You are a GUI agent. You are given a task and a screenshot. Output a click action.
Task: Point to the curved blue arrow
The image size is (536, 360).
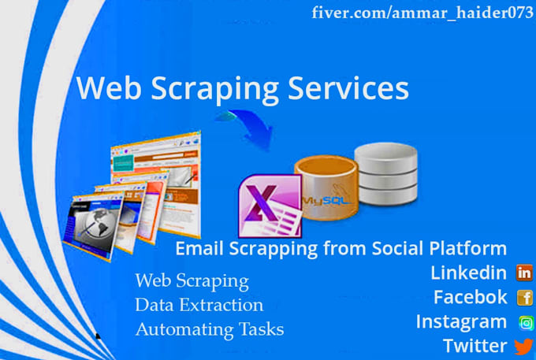pos(244,126)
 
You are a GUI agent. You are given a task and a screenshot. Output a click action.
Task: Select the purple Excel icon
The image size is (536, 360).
pos(268,203)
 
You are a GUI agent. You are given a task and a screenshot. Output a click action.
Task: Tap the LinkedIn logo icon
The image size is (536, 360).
pos(524,273)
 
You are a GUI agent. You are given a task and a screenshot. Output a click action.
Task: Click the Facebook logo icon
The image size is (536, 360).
pos(524,298)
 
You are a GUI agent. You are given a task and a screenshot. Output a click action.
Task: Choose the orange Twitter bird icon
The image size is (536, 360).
pos(523,346)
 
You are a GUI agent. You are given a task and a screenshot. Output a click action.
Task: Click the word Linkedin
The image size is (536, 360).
pos(468,273)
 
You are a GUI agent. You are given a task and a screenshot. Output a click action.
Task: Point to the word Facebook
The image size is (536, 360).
pos(471,298)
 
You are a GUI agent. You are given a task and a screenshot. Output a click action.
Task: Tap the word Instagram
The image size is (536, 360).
pos(461,322)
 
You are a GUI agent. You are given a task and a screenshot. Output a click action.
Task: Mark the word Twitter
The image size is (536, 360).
pos(475,346)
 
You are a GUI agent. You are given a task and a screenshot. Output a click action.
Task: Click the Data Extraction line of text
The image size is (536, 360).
pos(199,305)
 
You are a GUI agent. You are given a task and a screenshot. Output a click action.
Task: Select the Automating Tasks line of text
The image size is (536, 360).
pos(209,329)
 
